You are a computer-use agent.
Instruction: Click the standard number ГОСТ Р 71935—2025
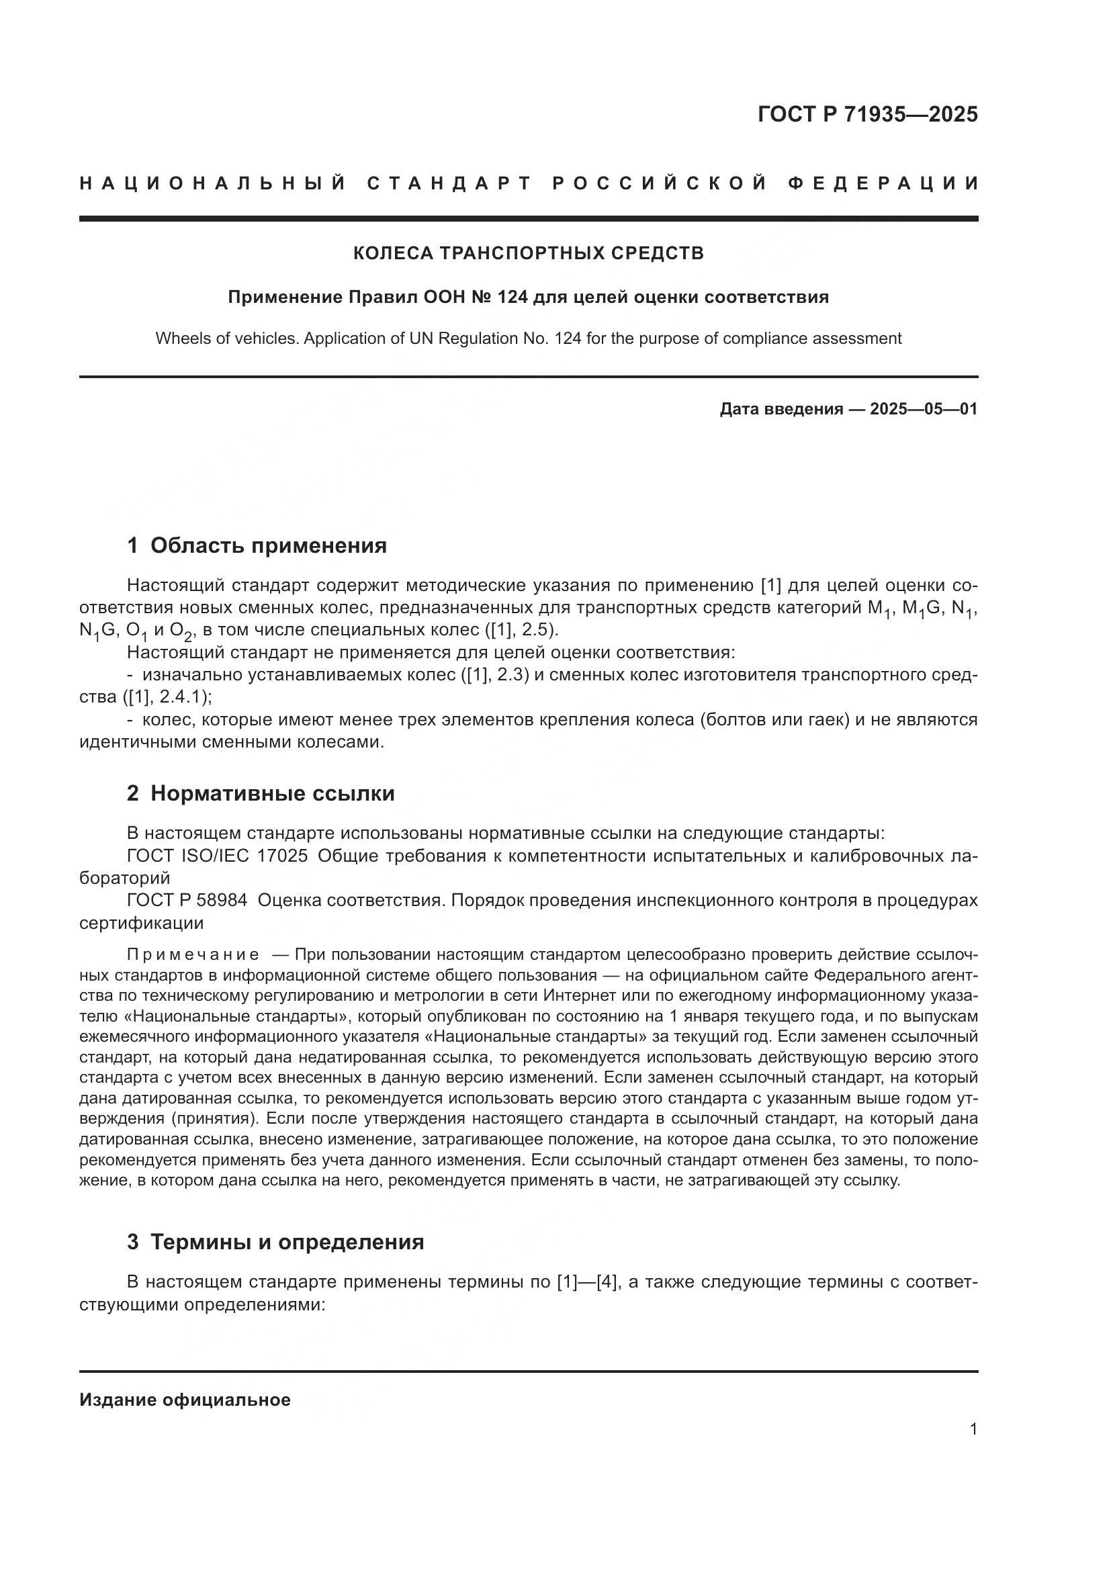pyautogui.click(x=867, y=114)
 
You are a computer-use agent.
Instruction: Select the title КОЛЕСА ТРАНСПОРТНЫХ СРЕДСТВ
pyautogui.click(x=528, y=253)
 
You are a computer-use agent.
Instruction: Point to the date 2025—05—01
pyautogui.click(x=924, y=409)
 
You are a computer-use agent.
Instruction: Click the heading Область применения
pyautogui.click(x=268, y=545)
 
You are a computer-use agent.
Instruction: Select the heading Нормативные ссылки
pyautogui.click(x=272, y=793)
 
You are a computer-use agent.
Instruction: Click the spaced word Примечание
pyautogui.click(x=193, y=954)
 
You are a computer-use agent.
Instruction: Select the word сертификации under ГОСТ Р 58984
pyautogui.click(x=142, y=923)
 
